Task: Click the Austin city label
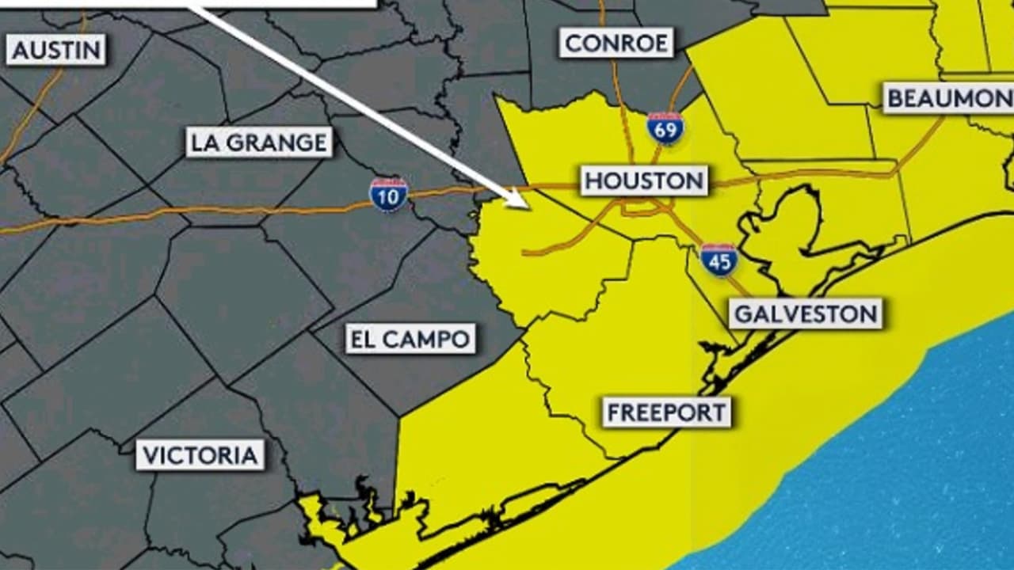coord(56,50)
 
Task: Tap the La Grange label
coord(259,142)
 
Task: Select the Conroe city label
coord(616,43)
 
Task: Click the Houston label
coord(644,181)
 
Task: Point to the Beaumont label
coord(948,98)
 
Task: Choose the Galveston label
coord(806,314)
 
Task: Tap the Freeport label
coord(666,412)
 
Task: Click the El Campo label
coord(410,339)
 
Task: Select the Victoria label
coord(200,455)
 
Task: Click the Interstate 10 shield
coord(388,195)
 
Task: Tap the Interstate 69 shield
coord(665,128)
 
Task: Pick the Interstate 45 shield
coord(719,260)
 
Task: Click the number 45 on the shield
coord(719,263)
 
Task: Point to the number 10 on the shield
coord(388,198)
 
